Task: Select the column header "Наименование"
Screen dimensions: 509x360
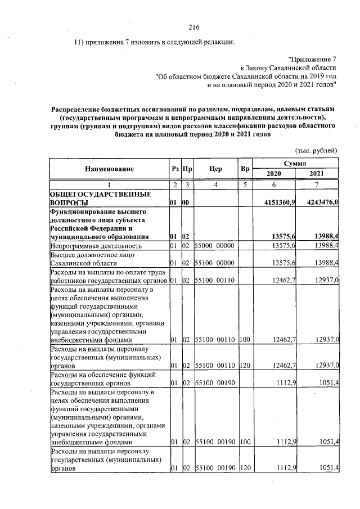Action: [x=110, y=169]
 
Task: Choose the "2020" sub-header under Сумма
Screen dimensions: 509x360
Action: [x=273, y=174]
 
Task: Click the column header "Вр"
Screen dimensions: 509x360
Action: [x=245, y=169]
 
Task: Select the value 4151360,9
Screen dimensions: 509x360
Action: [x=273, y=202]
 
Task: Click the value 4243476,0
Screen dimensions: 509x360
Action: [x=318, y=202]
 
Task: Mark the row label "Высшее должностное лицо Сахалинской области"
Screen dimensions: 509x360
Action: [x=93, y=259]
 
